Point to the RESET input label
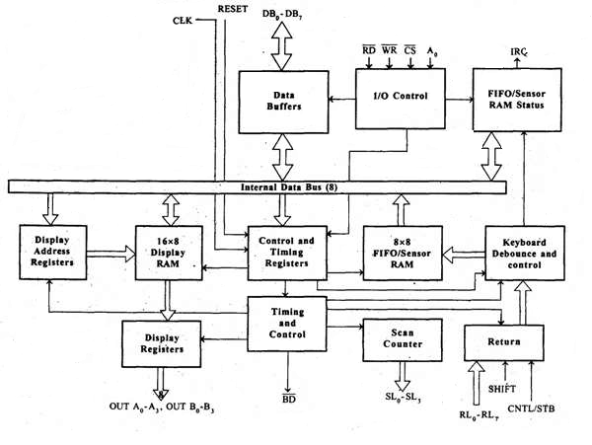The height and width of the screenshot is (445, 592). click(x=233, y=9)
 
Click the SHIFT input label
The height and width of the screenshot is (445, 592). click(x=504, y=390)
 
